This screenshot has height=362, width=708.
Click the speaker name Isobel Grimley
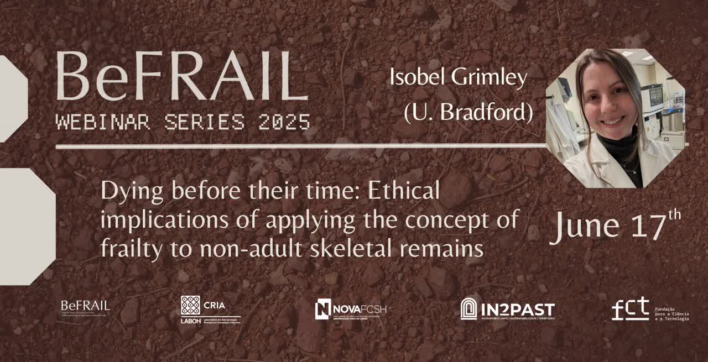(x=458, y=77)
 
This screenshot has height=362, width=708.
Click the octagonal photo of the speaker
(x=616, y=118)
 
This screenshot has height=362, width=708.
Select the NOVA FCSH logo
(x=350, y=309)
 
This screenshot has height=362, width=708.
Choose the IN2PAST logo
(x=507, y=309)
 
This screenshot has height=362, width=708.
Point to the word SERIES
(x=204, y=122)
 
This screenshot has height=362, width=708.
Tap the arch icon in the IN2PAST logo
(x=468, y=308)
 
